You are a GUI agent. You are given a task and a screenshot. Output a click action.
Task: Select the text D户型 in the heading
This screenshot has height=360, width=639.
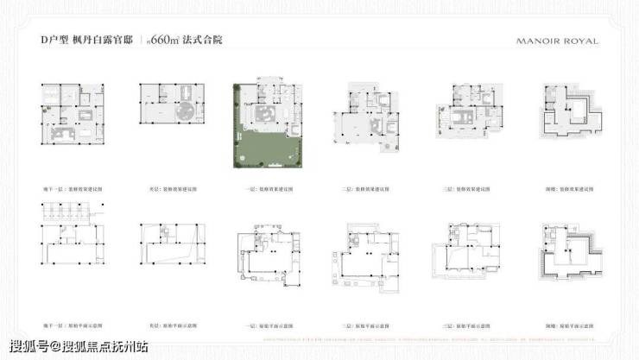[54, 41]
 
